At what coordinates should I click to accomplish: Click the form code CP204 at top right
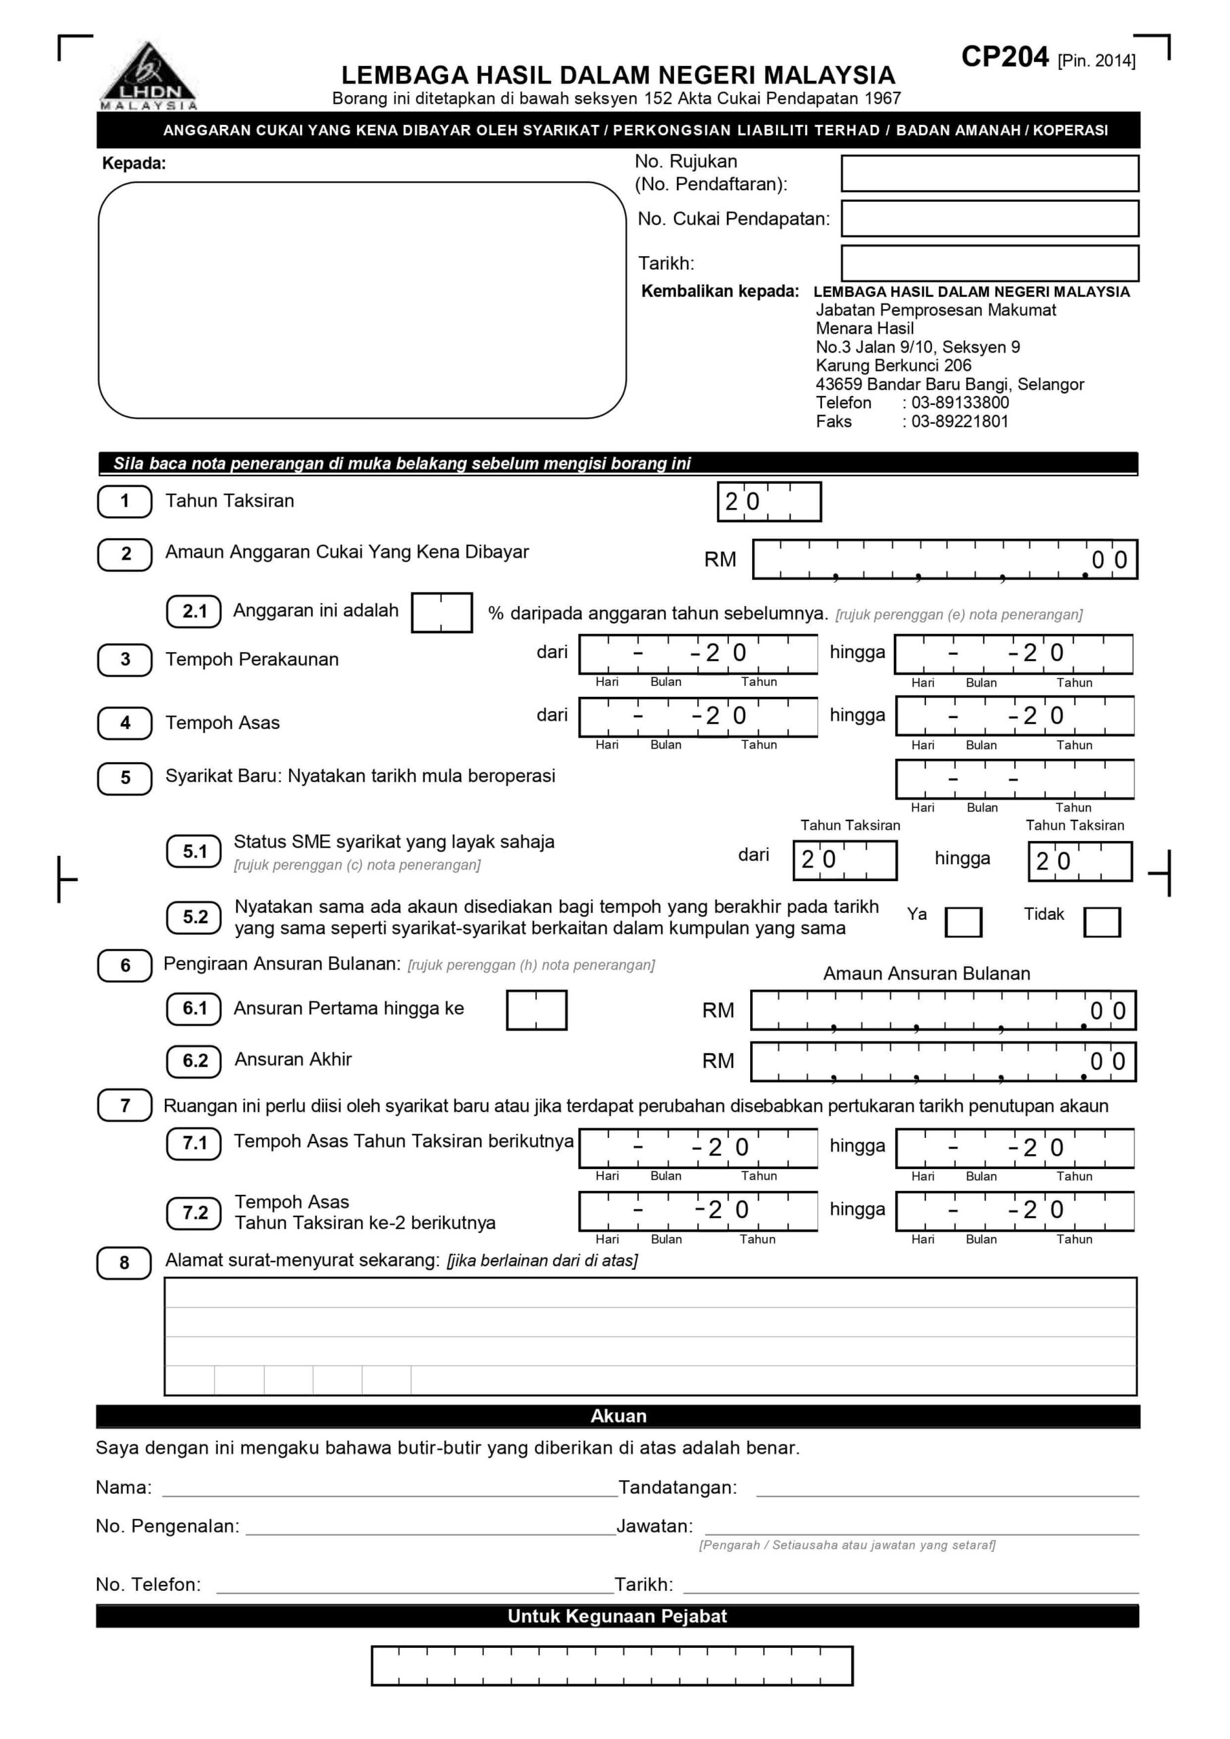tap(1005, 58)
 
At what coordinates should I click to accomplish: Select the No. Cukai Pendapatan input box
tap(989, 219)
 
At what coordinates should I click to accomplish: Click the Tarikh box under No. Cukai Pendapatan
tap(989, 263)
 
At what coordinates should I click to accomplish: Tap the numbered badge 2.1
tap(194, 611)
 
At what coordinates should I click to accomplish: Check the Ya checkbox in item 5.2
tap(963, 922)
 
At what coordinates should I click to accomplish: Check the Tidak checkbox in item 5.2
tap(1101, 922)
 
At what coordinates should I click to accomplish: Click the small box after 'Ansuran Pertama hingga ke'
tap(536, 1010)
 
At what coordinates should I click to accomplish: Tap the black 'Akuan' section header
tap(617, 1416)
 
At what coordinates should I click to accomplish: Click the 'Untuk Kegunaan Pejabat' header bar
tap(617, 1616)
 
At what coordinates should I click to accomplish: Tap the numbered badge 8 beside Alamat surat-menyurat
tap(124, 1262)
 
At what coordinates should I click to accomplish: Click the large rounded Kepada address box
tap(362, 300)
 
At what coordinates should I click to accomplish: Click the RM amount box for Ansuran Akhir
tap(943, 1062)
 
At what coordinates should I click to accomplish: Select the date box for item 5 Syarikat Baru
tap(1014, 779)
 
